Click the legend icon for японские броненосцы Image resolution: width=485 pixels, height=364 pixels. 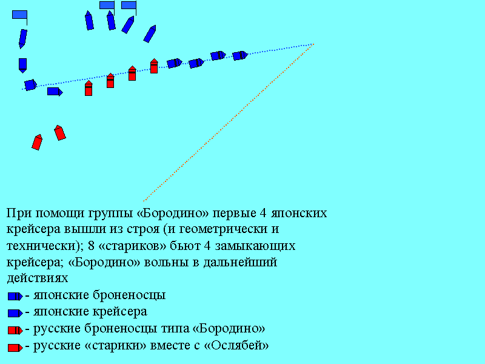coord(15,296)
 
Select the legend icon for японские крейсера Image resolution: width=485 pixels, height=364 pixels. coord(15,313)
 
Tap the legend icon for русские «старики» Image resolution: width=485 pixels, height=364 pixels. coord(15,348)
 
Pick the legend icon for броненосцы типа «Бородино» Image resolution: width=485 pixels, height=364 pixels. coord(15,330)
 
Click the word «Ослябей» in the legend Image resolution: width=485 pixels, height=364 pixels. coord(236,345)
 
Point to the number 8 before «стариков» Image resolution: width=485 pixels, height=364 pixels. coord(91,246)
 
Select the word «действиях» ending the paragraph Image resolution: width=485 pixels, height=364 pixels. coord(38,278)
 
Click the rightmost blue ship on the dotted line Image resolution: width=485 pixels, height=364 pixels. coord(240,55)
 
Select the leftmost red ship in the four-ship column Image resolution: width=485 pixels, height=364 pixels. coord(89,88)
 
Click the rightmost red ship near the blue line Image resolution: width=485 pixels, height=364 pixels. coord(154,66)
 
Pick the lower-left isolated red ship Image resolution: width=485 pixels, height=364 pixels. coord(37,142)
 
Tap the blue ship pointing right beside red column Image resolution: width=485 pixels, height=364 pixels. coord(55,92)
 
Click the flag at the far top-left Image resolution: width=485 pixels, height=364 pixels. coord(20,17)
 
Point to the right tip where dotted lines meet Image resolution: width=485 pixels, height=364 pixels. coord(314,44)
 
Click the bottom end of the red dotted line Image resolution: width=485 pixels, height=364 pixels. coord(144,201)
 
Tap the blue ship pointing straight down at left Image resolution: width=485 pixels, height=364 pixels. coord(22,66)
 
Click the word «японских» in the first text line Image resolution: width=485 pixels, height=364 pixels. coord(299,214)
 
